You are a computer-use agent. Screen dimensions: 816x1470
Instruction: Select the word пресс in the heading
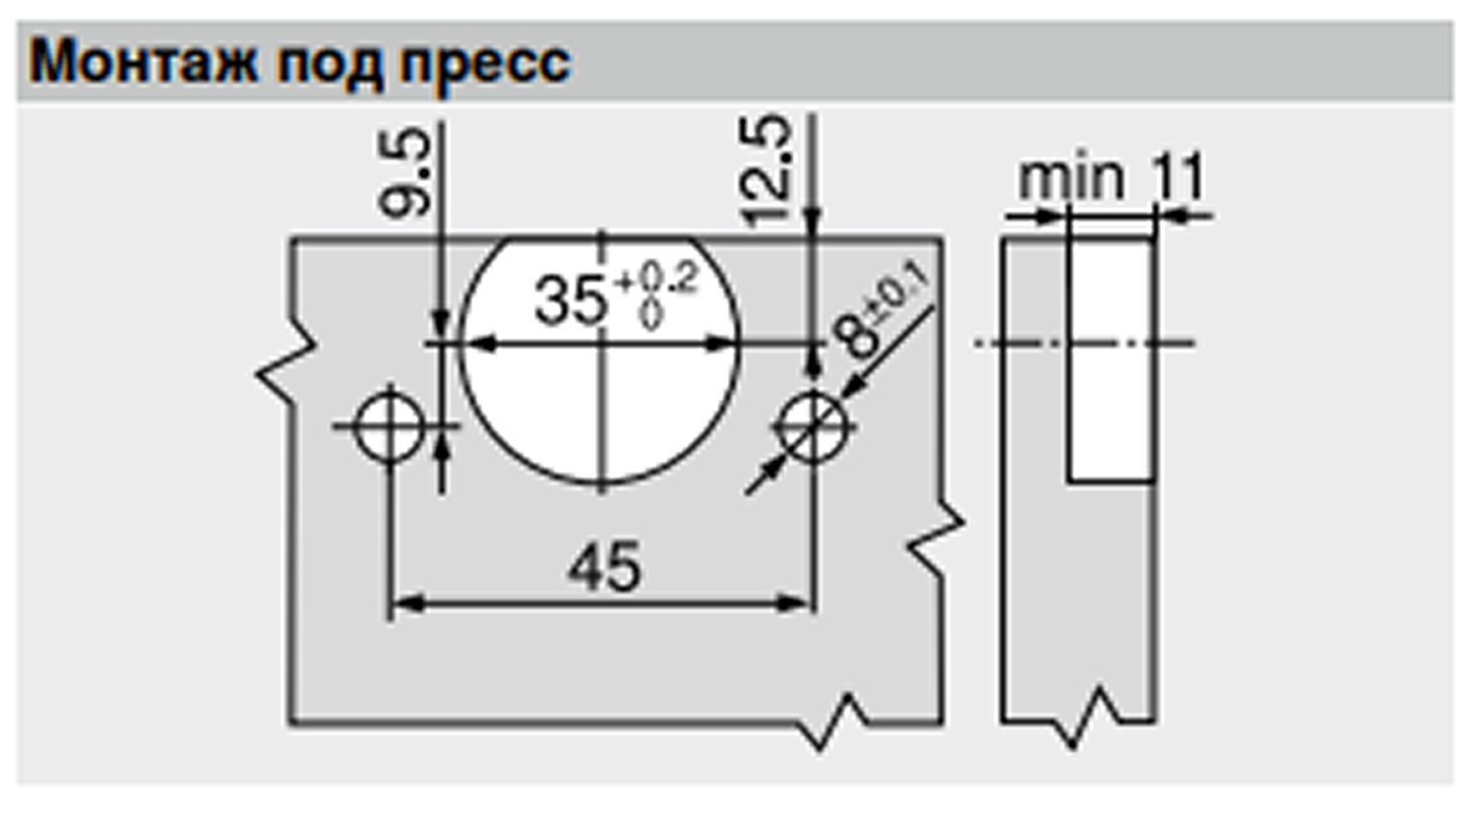tap(486, 64)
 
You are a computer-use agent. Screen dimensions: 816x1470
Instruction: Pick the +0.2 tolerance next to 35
tap(656, 280)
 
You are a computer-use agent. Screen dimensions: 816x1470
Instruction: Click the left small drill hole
tap(390, 426)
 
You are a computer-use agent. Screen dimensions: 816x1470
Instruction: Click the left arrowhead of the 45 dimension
tap(401, 602)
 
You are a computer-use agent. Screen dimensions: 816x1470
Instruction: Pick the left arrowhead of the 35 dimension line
tap(477, 344)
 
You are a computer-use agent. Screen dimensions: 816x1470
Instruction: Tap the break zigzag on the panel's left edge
tap(285, 369)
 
